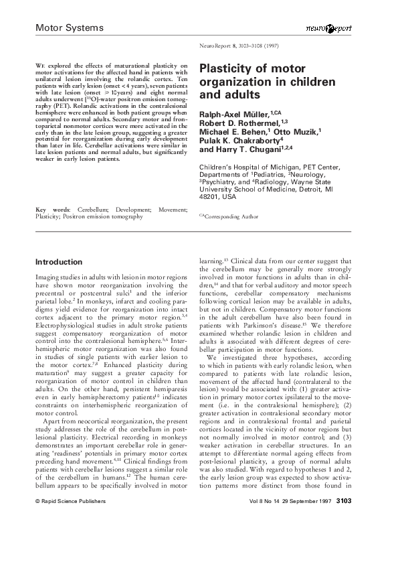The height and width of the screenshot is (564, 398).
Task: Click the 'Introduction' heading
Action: (59, 262)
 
